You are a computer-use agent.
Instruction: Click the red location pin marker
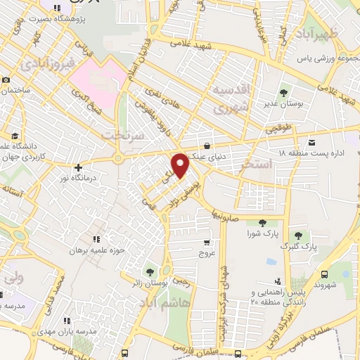click(181, 165)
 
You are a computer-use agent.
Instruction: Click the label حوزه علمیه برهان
click(97, 250)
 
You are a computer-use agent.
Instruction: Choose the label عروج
click(205, 252)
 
